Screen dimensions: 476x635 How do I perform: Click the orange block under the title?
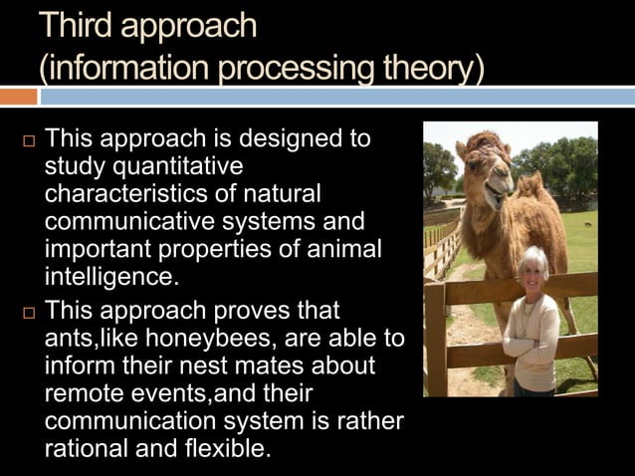[x=18, y=97]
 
